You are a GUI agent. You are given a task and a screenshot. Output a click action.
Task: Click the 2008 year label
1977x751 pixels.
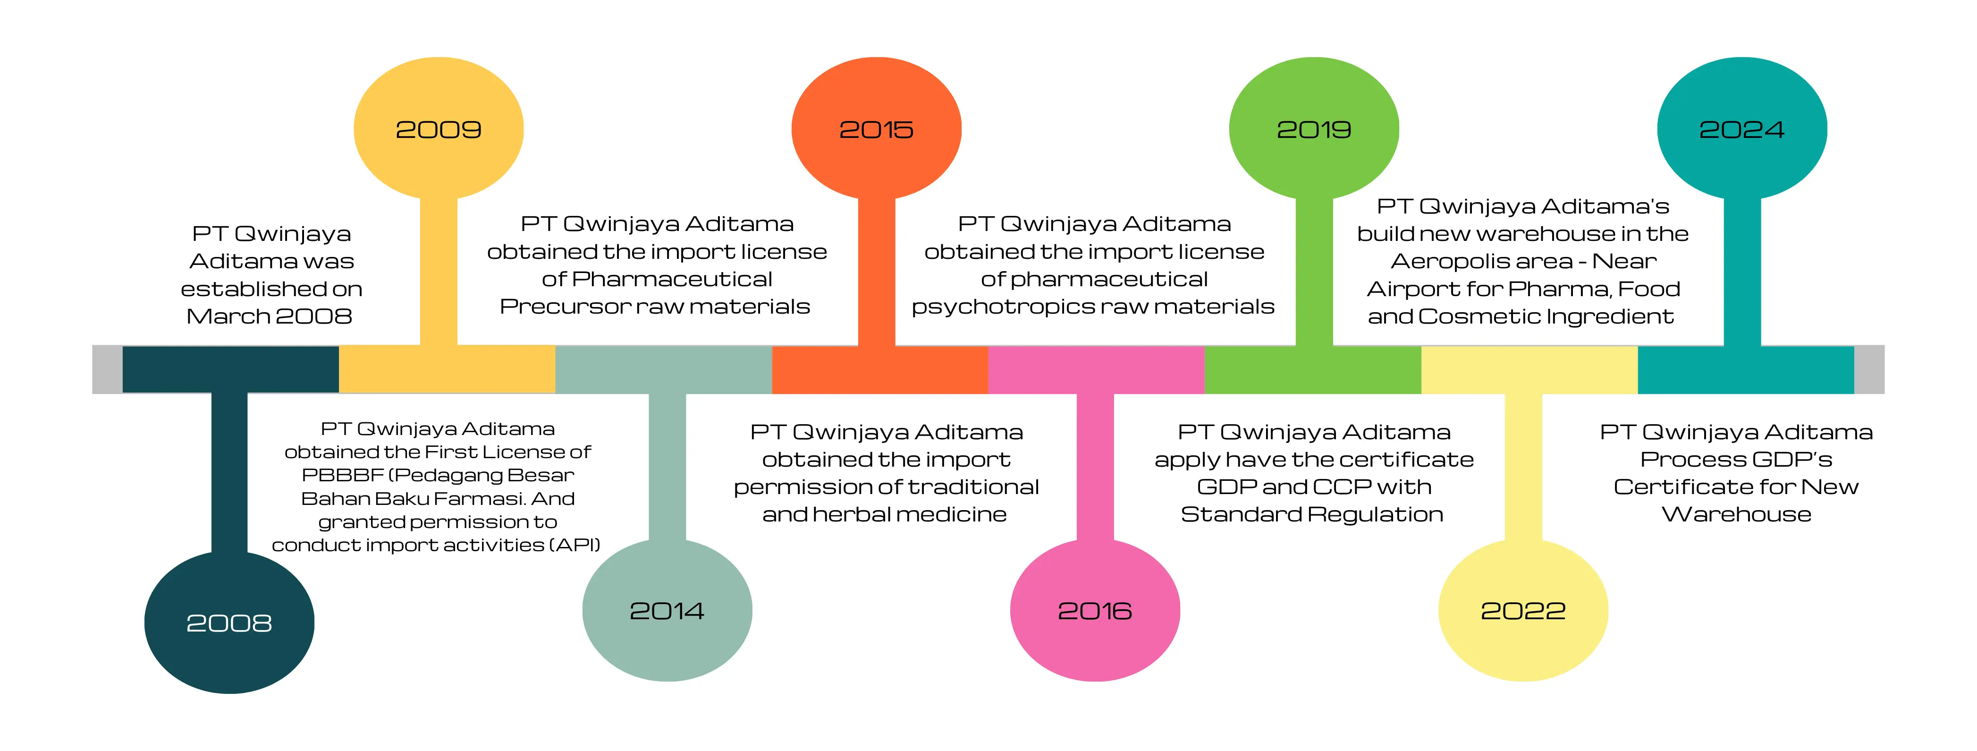tap(228, 623)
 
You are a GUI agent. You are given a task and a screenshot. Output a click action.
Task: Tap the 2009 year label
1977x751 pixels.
tap(438, 129)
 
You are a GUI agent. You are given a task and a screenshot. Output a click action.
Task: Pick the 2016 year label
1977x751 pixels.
tap(1094, 610)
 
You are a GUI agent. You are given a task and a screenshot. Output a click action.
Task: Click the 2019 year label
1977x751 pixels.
tap(1313, 129)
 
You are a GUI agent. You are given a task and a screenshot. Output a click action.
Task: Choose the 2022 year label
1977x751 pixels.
tap(1523, 610)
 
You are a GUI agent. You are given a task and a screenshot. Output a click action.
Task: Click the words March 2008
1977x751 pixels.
tap(270, 316)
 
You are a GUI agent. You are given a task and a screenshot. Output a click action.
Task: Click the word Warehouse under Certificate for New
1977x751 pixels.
tap(1736, 514)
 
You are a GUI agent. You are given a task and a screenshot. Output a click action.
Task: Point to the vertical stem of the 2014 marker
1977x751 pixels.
tap(667, 469)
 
